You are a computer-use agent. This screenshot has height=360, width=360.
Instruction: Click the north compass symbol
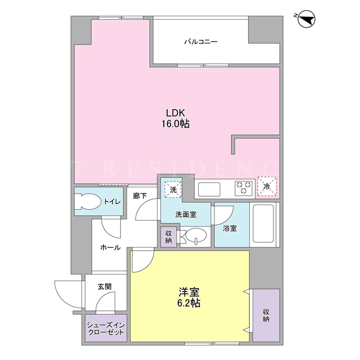coord(306,19)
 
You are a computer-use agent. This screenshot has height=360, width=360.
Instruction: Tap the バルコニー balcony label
coord(201,42)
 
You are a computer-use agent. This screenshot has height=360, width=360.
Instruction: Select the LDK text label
coord(175,113)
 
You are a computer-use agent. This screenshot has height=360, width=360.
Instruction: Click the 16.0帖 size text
coord(175,124)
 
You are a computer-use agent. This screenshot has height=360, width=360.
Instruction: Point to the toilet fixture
coord(88,201)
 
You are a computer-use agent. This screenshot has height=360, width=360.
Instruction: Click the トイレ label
coord(112,202)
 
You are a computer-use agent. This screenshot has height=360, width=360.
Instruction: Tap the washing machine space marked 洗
coord(173,190)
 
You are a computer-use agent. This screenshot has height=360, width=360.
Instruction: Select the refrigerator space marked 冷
coord(267,186)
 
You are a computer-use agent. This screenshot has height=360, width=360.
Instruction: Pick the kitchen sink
coord(209,189)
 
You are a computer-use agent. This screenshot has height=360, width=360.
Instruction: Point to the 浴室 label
coord(230,228)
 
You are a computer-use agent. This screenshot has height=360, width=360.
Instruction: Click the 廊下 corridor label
coord(140,196)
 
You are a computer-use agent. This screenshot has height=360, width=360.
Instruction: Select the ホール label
coord(110,247)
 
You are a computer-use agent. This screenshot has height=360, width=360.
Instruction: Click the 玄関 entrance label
coord(105,286)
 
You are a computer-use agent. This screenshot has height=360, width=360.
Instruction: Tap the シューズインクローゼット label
coord(106,328)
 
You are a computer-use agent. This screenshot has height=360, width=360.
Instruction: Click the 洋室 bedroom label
coord(189,292)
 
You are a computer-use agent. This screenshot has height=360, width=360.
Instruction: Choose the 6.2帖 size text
coord(189,303)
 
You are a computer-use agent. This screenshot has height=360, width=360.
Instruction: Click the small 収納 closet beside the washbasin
coord(169,237)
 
